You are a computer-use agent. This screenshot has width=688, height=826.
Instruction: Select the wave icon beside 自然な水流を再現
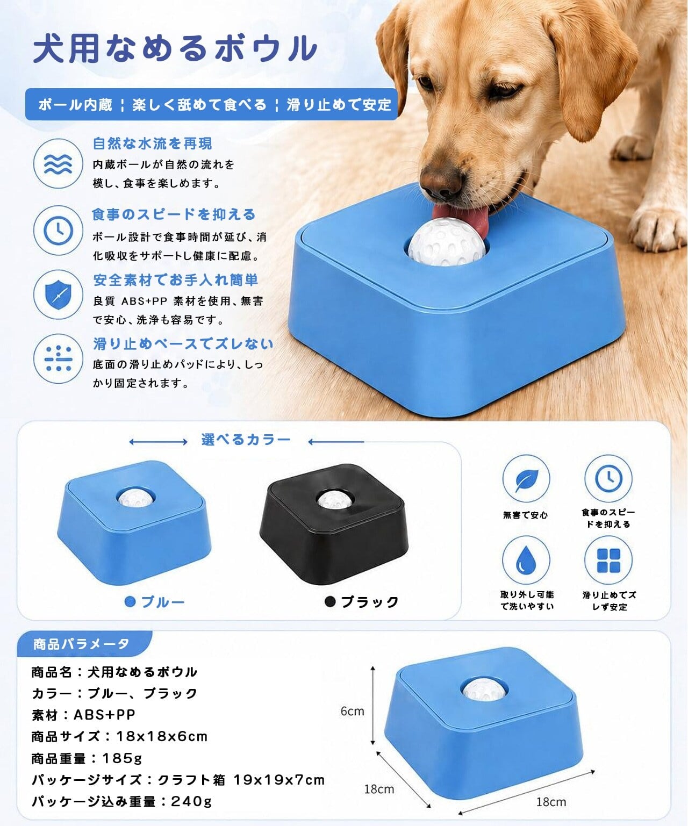click(58, 163)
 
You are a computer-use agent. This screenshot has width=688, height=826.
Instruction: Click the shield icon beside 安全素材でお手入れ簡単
click(58, 295)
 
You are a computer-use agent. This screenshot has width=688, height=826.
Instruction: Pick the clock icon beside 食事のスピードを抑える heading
click(58, 230)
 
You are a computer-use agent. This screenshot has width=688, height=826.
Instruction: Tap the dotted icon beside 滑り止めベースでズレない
click(58, 358)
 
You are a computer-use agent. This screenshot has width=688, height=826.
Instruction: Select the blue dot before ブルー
click(130, 602)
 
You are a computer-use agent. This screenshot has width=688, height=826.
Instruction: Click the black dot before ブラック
click(330, 601)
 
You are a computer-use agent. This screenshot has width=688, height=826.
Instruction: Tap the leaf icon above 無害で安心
click(526, 479)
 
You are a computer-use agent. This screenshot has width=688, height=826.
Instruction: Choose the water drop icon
click(526, 560)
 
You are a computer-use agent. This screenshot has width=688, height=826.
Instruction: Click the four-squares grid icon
click(608, 560)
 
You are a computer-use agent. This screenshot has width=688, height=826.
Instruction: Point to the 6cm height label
click(352, 711)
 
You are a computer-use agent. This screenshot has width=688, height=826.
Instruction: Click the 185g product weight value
click(122, 758)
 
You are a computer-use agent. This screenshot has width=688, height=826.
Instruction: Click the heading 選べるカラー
click(246, 440)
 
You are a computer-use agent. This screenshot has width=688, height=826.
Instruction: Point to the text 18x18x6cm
click(162, 736)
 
